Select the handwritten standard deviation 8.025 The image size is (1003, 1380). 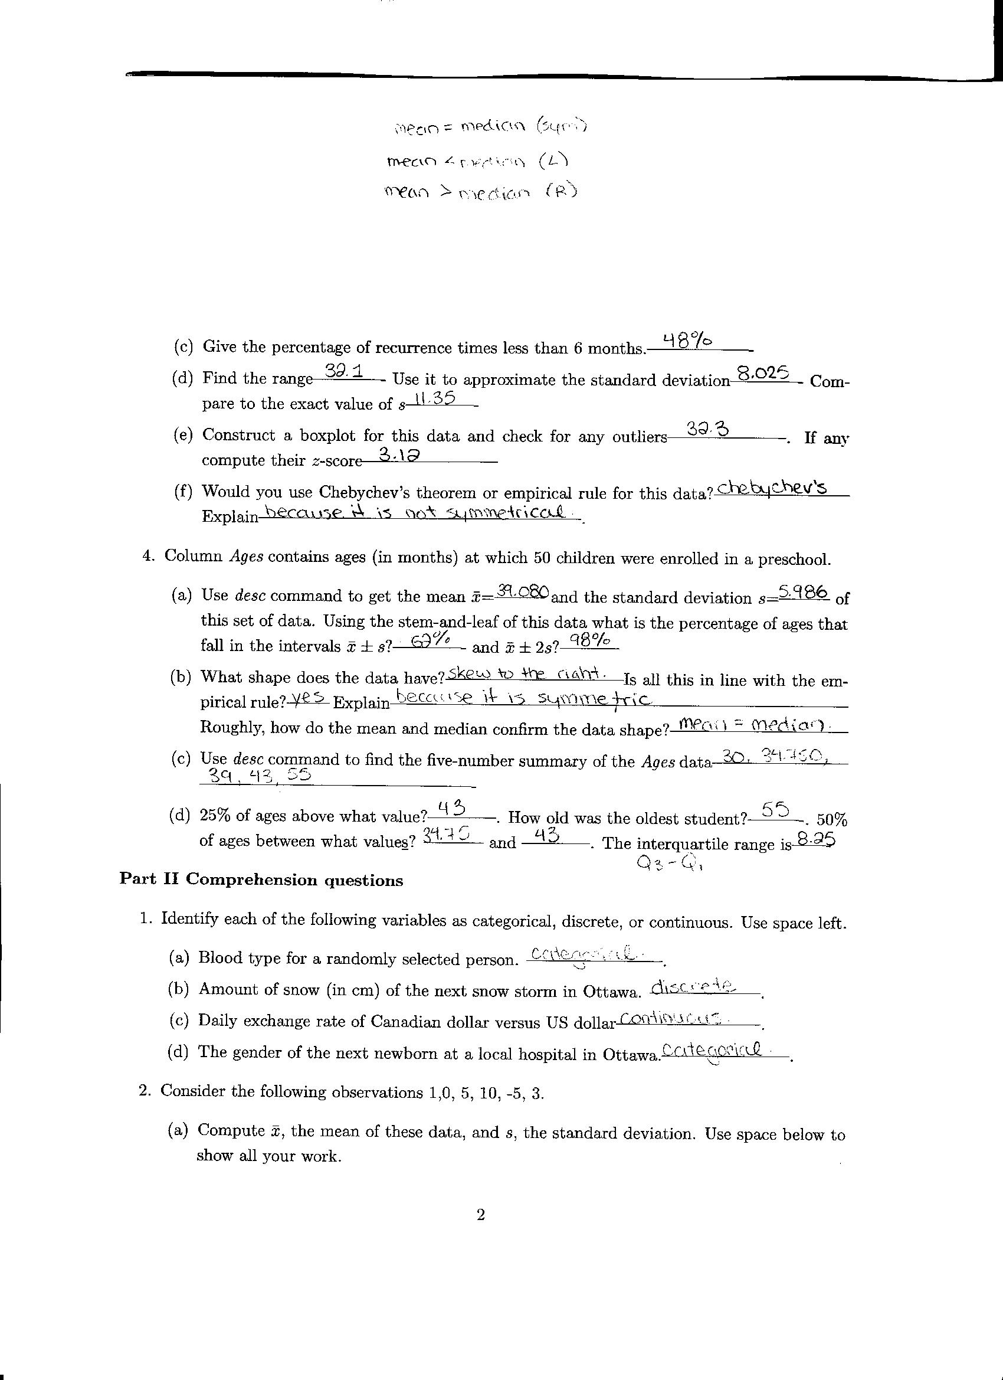[x=763, y=372]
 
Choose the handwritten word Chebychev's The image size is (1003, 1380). [x=772, y=488]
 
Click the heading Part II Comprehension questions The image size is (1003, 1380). [x=261, y=881]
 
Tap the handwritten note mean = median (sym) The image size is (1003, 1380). [x=490, y=126]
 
